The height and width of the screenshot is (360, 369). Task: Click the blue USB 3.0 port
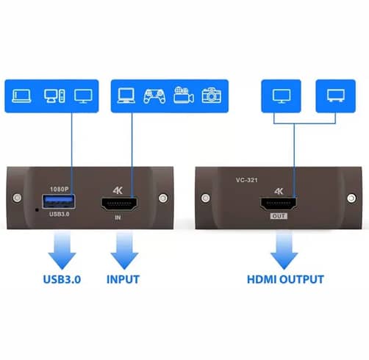click(59, 201)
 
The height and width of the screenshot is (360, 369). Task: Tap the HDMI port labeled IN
click(119, 204)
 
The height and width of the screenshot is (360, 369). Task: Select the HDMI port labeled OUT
click(279, 204)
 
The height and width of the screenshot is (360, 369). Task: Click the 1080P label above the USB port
click(60, 189)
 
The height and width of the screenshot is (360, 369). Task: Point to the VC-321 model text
click(247, 180)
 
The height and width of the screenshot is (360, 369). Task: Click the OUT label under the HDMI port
click(279, 216)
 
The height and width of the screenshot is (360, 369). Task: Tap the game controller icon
click(154, 96)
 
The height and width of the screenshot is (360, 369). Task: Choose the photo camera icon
click(212, 96)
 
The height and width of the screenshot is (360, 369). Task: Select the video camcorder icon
click(184, 95)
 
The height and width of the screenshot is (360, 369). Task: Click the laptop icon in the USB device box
click(21, 96)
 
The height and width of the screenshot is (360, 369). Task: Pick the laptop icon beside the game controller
click(126, 96)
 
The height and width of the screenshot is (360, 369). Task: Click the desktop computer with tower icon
click(54, 96)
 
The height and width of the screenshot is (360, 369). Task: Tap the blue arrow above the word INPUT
click(124, 251)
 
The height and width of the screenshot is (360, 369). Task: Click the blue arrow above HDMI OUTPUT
click(284, 251)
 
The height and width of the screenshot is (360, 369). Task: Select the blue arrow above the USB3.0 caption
click(62, 251)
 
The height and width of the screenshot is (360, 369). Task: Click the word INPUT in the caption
click(123, 279)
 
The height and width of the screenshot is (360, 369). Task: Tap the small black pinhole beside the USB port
click(37, 210)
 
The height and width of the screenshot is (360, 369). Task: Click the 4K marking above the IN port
click(118, 190)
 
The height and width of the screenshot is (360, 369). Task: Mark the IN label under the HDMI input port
click(118, 217)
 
